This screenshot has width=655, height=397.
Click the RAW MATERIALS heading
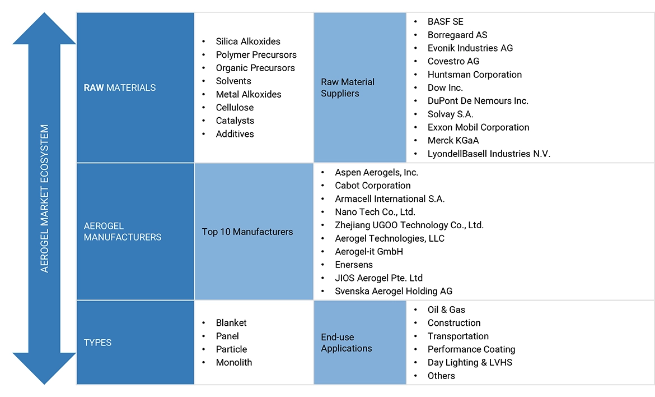pyautogui.click(x=120, y=87)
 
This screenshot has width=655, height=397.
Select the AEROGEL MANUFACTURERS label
pyautogui.click(x=123, y=231)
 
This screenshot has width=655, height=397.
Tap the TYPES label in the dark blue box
pyautogui.click(x=97, y=342)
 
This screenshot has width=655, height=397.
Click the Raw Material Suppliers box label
pyautogui.click(x=348, y=87)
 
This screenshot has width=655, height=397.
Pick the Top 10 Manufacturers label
pyautogui.click(x=247, y=232)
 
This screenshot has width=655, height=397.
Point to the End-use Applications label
pyautogui.click(x=347, y=343)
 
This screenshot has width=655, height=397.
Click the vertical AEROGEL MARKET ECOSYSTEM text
pyautogui.click(x=45, y=198)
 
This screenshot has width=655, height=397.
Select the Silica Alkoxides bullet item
pyautogui.click(x=248, y=41)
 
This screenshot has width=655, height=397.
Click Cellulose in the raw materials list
pyautogui.click(x=235, y=108)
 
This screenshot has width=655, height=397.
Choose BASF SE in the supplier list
pyautogui.click(x=446, y=22)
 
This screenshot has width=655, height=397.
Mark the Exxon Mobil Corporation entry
pyautogui.click(x=478, y=127)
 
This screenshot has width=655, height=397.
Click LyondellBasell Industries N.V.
pyautogui.click(x=489, y=154)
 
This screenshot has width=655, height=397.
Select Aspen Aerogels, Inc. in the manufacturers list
pyautogui.click(x=376, y=172)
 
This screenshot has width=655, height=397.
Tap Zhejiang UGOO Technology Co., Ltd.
pyautogui.click(x=409, y=225)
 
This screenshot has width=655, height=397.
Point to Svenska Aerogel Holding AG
pyautogui.click(x=393, y=291)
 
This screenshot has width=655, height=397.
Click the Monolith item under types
pyautogui.click(x=233, y=362)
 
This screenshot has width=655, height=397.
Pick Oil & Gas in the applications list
pyautogui.click(x=446, y=310)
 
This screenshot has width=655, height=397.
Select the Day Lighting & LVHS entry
pyautogui.click(x=470, y=362)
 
